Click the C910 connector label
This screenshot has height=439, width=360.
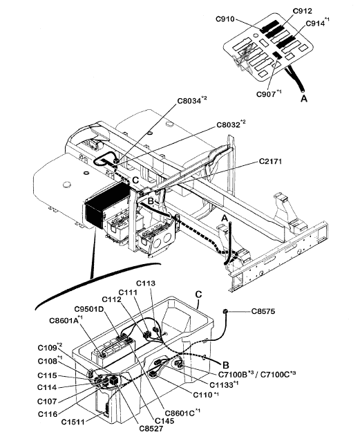pos(225,19)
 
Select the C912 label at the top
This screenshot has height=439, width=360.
pos(303,11)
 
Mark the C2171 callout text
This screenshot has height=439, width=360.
pos(270,161)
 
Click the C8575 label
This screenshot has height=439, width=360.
pos(263,311)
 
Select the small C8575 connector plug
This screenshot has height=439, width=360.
pos(226,311)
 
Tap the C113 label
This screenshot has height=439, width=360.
pos(146,283)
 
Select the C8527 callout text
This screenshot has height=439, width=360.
pos(151,428)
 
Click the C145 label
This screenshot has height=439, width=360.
pos(164,420)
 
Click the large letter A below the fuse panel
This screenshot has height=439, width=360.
pos(304,99)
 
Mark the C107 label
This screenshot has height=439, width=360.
pos(47,401)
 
